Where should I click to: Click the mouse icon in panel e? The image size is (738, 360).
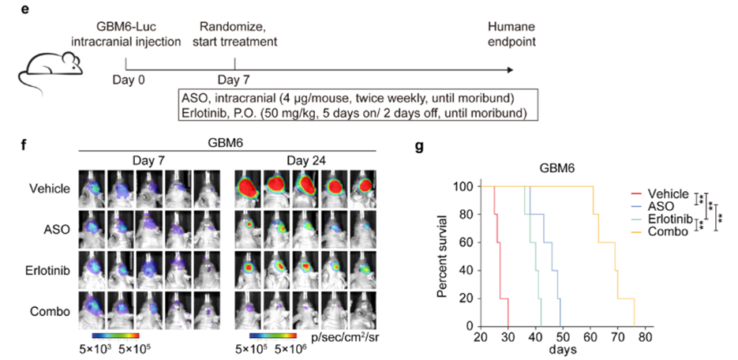point(47,69)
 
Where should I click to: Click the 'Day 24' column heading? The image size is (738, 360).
point(307,162)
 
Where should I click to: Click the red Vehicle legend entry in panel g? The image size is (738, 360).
point(660,193)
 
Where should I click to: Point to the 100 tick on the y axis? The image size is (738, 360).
point(466,187)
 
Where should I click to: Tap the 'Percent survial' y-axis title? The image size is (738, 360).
point(444,256)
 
